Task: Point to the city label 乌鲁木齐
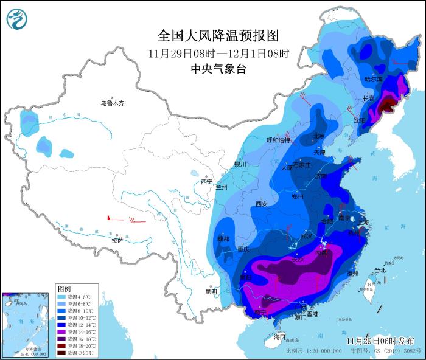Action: (x=112, y=103)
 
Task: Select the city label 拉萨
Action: (x=117, y=240)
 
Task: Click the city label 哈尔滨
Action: (x=373, y=80)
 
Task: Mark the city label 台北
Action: (x=379, y=270)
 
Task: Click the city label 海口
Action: (x=279, y=336)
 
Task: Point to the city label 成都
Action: (x=223, y=239)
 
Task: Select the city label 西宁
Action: (x=207, y=181)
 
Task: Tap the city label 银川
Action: (x=240, y=164)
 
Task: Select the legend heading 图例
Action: (x=64, y=287)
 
